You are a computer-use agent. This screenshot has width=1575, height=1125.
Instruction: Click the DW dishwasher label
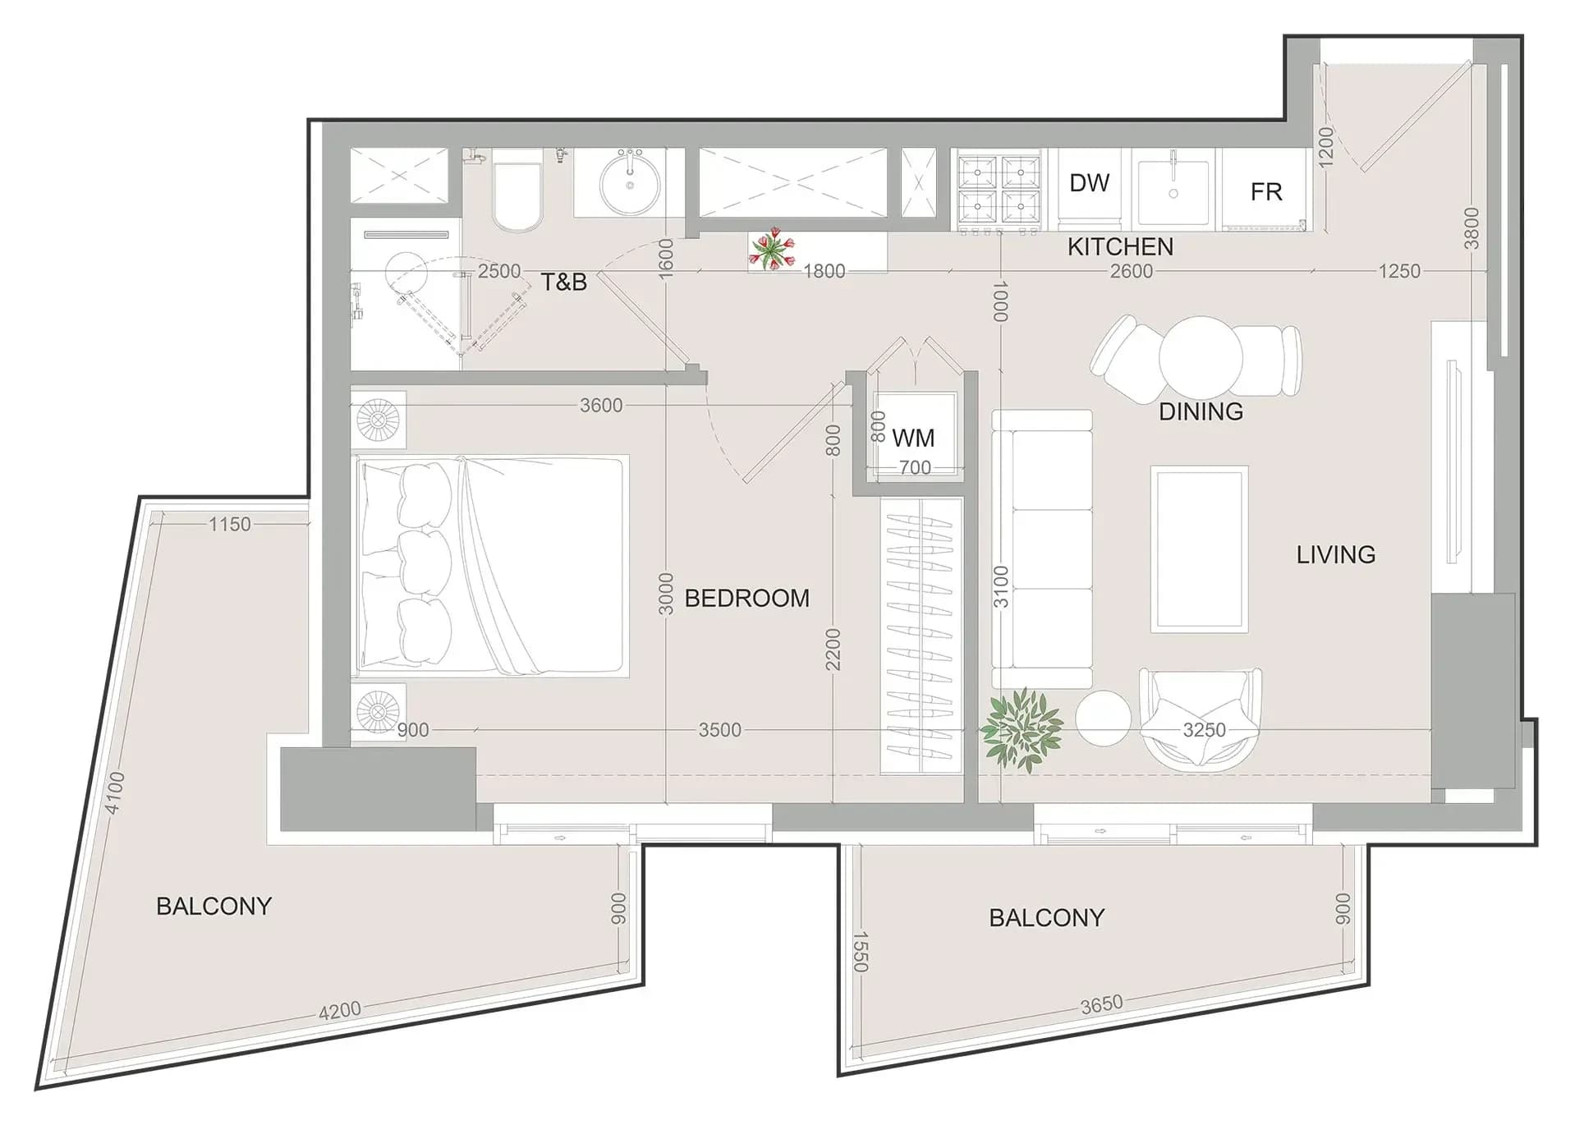pyautogui.click(x=1089, y=182)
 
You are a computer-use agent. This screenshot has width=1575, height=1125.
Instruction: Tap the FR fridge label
pyautogui.click(x=1265, y=192)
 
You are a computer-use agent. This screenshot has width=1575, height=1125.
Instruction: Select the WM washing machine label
pyautogui.click(x=913, y=438)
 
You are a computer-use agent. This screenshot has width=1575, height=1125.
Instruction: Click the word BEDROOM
pyautogui.click(x=746, y=598)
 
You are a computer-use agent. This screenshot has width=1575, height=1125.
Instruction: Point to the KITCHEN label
pyautogui.click(x=1120, y=246)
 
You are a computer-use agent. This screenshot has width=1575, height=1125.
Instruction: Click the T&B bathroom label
pyautogui.click(x=563, y=282)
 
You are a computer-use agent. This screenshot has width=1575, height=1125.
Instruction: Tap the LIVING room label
pyautogui.click(x=1335, y=554)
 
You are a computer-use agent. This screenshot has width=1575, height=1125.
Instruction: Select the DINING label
pyautogui.click(x=1201, y=411)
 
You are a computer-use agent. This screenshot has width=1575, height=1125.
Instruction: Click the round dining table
pyautogui.click(x=1201, y=358)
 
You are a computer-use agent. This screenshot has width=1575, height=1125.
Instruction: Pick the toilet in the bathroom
pyautogui.click(x=517, y=191)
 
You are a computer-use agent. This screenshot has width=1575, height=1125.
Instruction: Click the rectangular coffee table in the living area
pyautogui.click(x=1199, y=549)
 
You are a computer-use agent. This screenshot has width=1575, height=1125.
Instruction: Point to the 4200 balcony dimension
pyautogui.click(x=339, y=1009)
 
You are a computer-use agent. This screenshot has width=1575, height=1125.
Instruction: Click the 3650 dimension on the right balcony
pyautogui.click(x=1101, y=1004)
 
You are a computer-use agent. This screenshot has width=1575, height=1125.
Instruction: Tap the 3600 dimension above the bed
pyautogui.click(x=601, y=405)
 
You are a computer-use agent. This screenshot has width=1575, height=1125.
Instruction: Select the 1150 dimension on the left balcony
pyautogui.click(x=229, y=524)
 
